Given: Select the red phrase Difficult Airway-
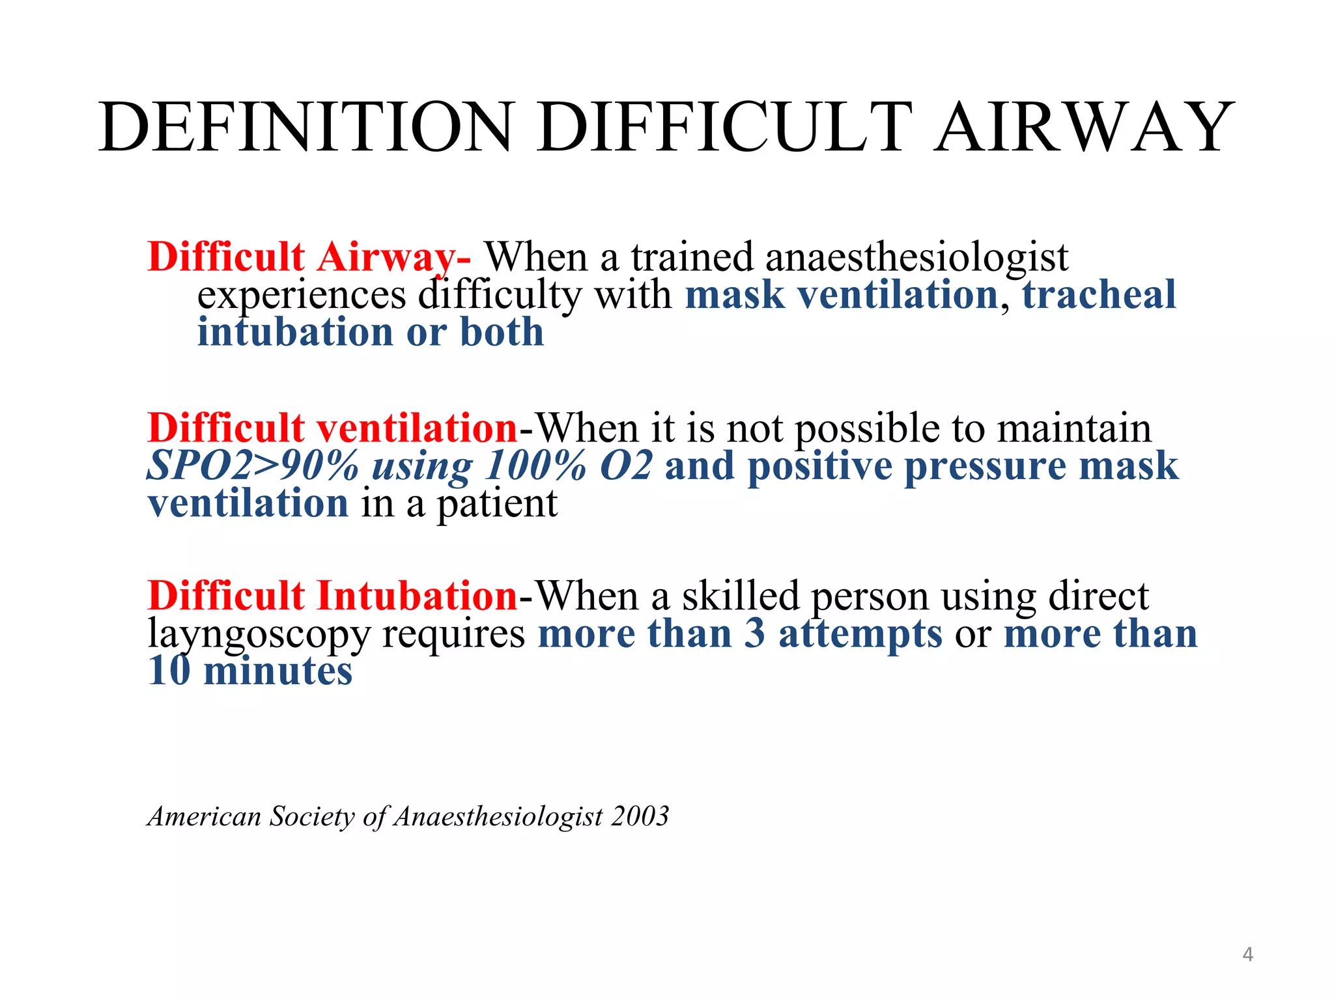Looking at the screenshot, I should tap(309, 257).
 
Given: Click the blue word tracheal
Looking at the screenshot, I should tap(1099, 294).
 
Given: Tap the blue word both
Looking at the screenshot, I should tap(502, 332).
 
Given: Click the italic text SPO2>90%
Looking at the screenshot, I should tap(253, 466).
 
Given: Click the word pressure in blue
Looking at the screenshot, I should tap(986, 466).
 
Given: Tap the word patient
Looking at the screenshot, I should tap(497, 504).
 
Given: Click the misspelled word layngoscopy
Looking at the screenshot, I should tap(259, 634).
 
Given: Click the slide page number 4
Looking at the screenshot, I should tap(1247, 954).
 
